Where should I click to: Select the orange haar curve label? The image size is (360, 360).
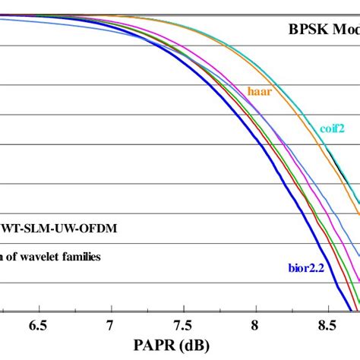tap(260, 90)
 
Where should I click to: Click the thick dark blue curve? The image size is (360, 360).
tap(228, 137)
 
